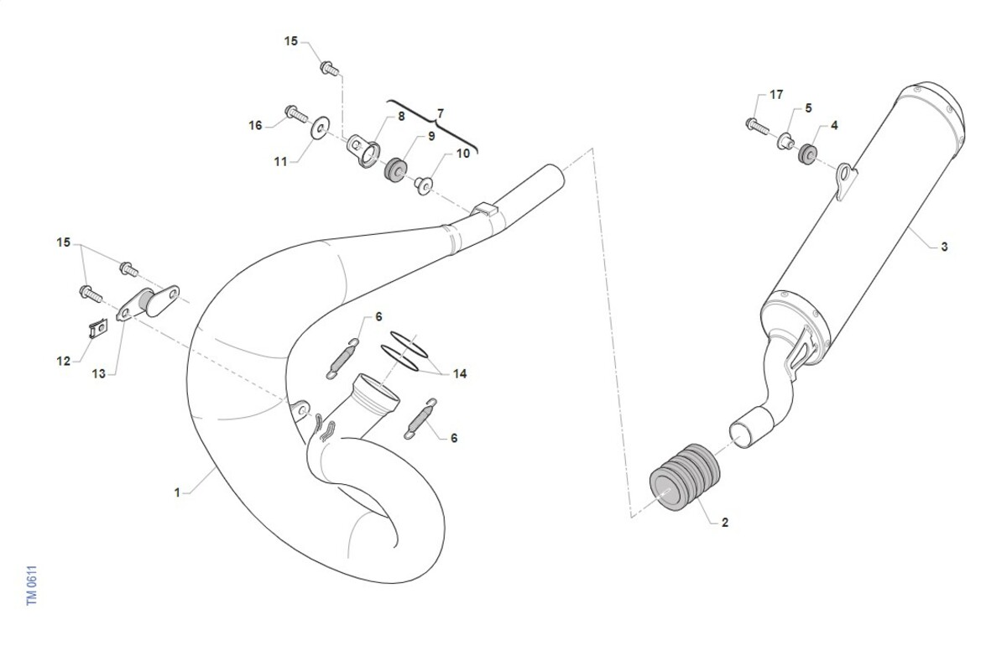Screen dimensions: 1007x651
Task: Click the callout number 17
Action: click(x=776, y=95)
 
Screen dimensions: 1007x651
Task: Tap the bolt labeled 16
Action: click(x=296, y=114)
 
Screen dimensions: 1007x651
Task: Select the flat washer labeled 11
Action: click(x=320, y=128)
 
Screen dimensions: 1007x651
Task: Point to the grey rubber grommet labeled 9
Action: click(x=395, y=169)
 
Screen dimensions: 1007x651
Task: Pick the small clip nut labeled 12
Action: click(x=98, y=328)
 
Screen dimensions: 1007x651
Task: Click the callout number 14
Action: click(x=460, y=374)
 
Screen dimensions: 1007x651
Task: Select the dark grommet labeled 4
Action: click(x=807, y=154)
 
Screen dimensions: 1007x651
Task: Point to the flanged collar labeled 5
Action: click(x=785, y=141)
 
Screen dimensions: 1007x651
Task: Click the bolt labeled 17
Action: click(x=758, y=126)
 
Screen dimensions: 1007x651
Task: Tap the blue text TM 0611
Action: click(x=32, y=586)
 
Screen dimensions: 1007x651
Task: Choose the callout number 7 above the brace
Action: click(x=441, y=113)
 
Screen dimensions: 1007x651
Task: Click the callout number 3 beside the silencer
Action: click(x=944, y=247)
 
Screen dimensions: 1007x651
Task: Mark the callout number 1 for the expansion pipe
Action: click(x=177, y=492)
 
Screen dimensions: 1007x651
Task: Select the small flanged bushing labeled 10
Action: click(x=424, y=185)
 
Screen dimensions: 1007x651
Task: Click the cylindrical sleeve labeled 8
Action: click(x=363, y=150)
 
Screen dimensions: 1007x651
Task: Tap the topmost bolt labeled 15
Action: click(x=330, y=69)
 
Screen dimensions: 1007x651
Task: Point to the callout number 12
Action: click(x=64, y=362)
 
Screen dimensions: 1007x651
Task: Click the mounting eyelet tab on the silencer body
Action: click(x=845, y=180)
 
